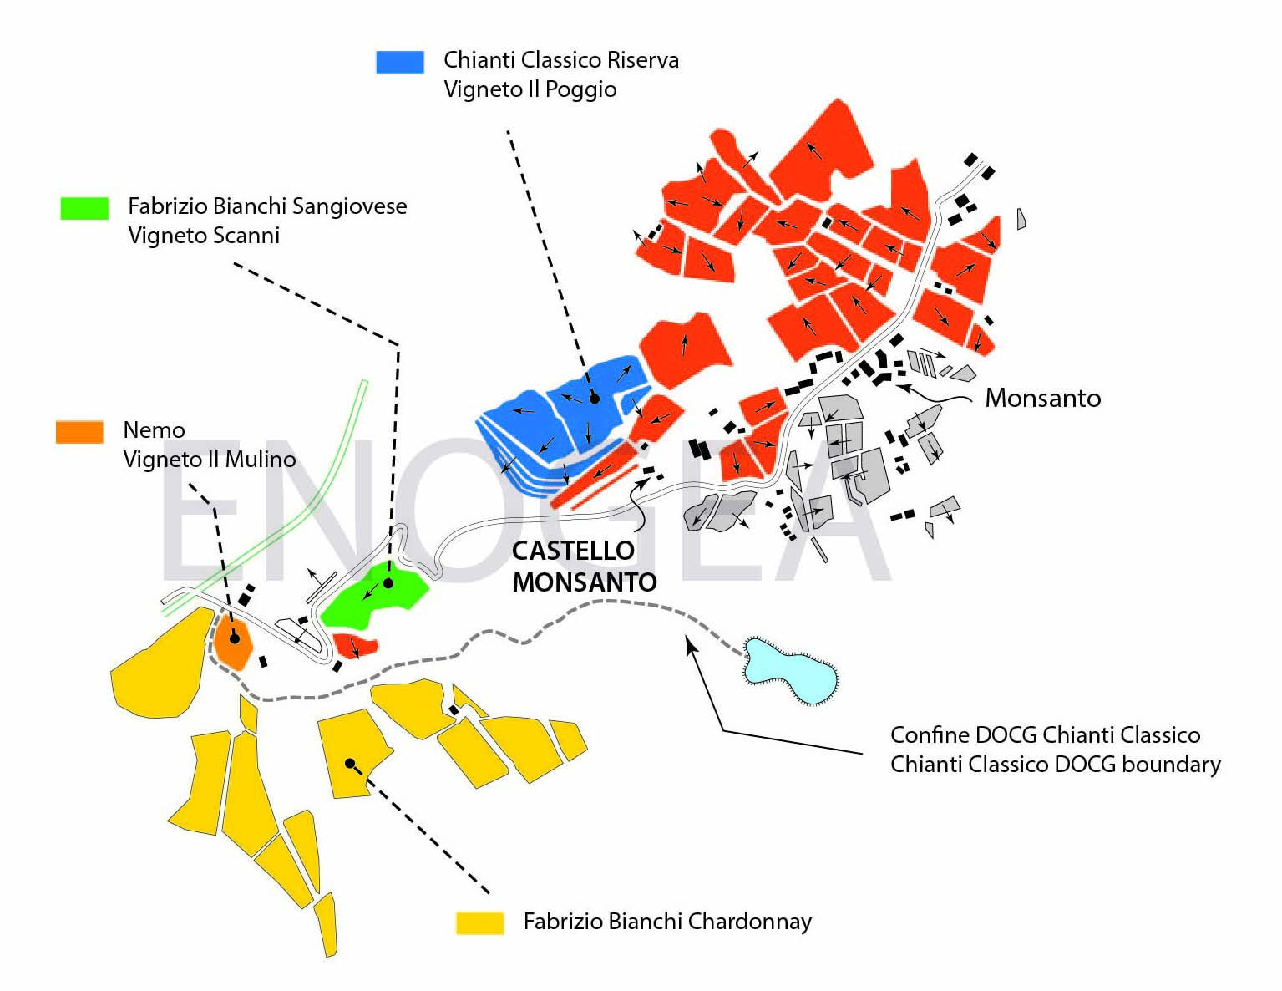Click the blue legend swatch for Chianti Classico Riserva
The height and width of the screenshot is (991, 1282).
point(399,62)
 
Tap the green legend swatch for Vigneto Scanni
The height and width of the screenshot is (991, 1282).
point(84,208)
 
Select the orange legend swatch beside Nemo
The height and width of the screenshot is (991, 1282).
point(79,431)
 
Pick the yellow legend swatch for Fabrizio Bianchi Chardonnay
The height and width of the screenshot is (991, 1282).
point(479,922)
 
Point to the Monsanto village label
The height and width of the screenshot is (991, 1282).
point(1042,399)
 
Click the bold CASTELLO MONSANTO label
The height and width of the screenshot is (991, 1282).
point(584,567)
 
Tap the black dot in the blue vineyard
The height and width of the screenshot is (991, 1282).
point(594,399)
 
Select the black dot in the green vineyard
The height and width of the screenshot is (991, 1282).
point(388,583)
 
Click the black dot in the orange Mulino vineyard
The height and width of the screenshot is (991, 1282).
point(235,638)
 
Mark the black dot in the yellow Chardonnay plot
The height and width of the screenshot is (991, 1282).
point(350,763)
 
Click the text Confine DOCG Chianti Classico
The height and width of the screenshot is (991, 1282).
point(1045,735)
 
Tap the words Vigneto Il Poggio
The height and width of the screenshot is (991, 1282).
point(530,89)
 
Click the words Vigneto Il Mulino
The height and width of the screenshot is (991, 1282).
point(209,460)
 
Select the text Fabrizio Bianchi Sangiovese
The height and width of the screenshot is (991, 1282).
point(267,206)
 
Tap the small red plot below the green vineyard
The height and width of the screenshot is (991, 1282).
point(355,645)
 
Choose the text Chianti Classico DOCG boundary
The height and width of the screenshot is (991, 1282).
point(1055,765)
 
